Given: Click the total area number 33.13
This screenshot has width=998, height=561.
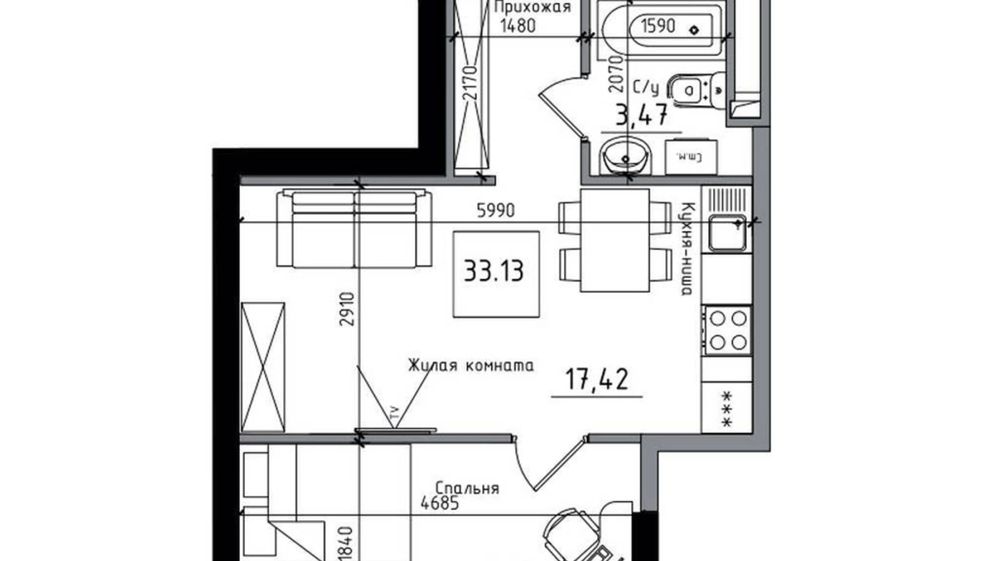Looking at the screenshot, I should [x=494, y=271].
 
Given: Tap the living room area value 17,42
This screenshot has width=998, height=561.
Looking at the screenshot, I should [x=596, y=379].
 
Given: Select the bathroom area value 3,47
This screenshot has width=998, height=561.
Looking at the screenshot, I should [x=641, y=115].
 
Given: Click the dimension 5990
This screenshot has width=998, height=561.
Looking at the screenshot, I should [x=496, y=210].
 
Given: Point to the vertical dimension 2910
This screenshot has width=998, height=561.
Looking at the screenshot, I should [x=347, y=309].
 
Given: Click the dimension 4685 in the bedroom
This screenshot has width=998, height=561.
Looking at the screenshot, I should [x=440, y=503].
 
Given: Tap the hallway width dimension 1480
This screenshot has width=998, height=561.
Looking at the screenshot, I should [x=518, y=25].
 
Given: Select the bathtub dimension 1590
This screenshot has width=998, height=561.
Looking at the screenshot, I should [x=658, y=25].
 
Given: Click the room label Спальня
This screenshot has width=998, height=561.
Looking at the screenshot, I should [x=467, y=489].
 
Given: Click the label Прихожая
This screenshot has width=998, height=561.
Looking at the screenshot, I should [x=532, y=7].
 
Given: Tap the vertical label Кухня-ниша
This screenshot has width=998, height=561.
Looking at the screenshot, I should [x=687, y=249].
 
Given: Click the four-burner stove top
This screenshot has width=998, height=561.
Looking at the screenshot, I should [x=727, y=330].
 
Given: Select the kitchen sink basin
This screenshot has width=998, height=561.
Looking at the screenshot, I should [x=727, y=234].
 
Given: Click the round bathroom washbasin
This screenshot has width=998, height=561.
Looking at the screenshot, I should [x=625, y=155].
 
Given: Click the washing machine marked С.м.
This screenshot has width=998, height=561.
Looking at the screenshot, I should [x=691, y=157].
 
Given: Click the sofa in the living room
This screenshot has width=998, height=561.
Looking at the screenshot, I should [x=354, y=228].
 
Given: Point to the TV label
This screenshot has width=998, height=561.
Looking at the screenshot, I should [x=394, y=414].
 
